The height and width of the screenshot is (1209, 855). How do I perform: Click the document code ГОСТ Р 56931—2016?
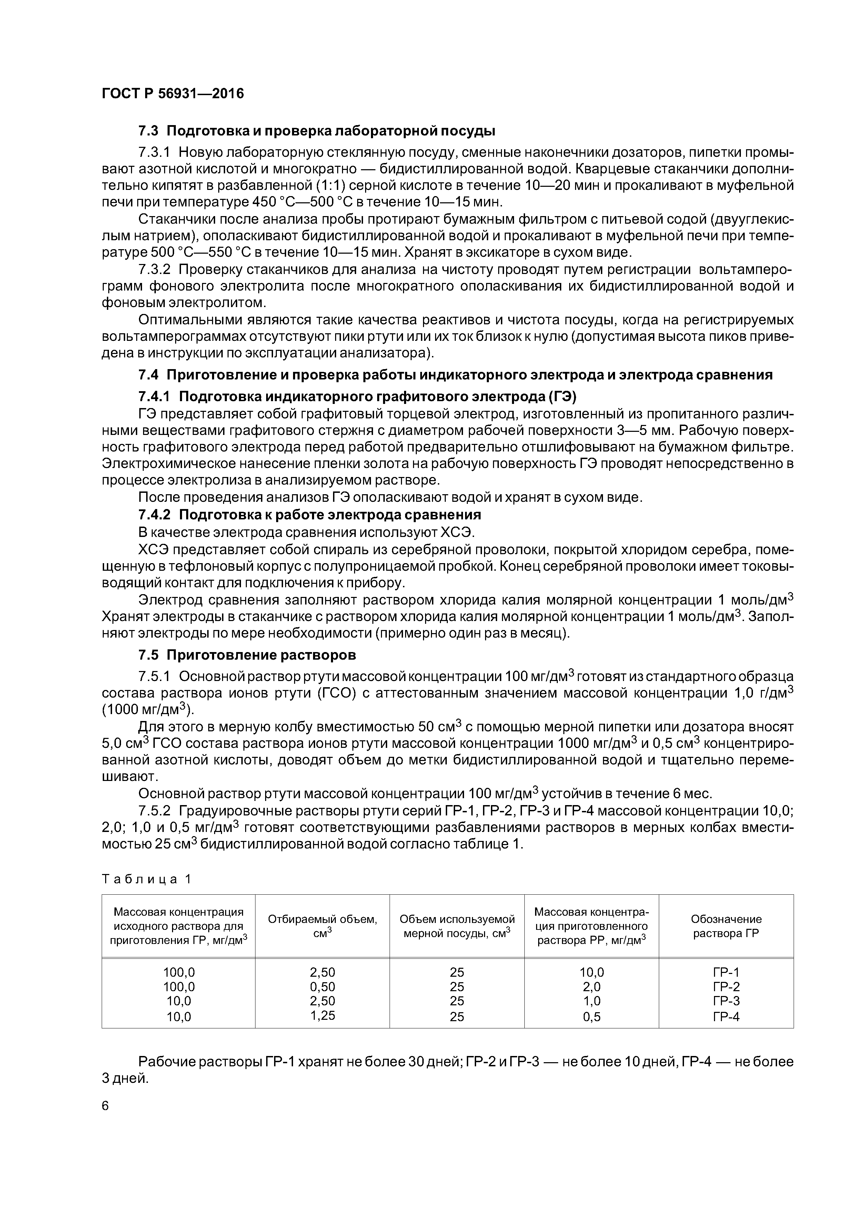(x=173, y=94)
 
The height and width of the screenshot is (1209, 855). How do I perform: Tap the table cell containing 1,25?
(x=322, y=1015)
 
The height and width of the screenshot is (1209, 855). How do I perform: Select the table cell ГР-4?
(x=726, y=1017)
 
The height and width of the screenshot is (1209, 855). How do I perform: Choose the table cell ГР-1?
(x=726, y=972)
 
